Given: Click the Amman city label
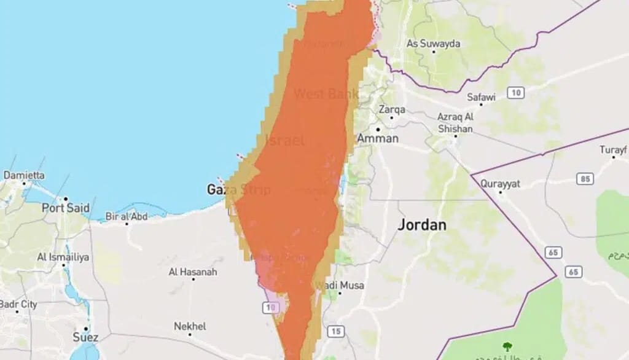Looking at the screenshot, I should point(378,138).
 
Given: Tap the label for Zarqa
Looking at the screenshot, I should point(392,109).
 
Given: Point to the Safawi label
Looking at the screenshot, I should point(481,96).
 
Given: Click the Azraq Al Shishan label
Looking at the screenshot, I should point(455,123).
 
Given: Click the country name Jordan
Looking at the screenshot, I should point(421,225).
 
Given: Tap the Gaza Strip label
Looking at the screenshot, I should point(238,189).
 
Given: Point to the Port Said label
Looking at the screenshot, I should point(66,208).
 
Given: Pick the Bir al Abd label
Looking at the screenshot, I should point(127,216).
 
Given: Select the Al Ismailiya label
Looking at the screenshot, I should point(63,256).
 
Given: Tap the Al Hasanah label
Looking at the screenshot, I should point(193,271).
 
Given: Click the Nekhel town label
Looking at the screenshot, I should point(190,326).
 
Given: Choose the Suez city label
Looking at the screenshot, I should point(85,337).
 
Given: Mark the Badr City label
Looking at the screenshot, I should point(18,305).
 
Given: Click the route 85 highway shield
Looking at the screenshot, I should point(585,179).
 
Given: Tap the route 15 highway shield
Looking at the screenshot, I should point(334,332).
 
